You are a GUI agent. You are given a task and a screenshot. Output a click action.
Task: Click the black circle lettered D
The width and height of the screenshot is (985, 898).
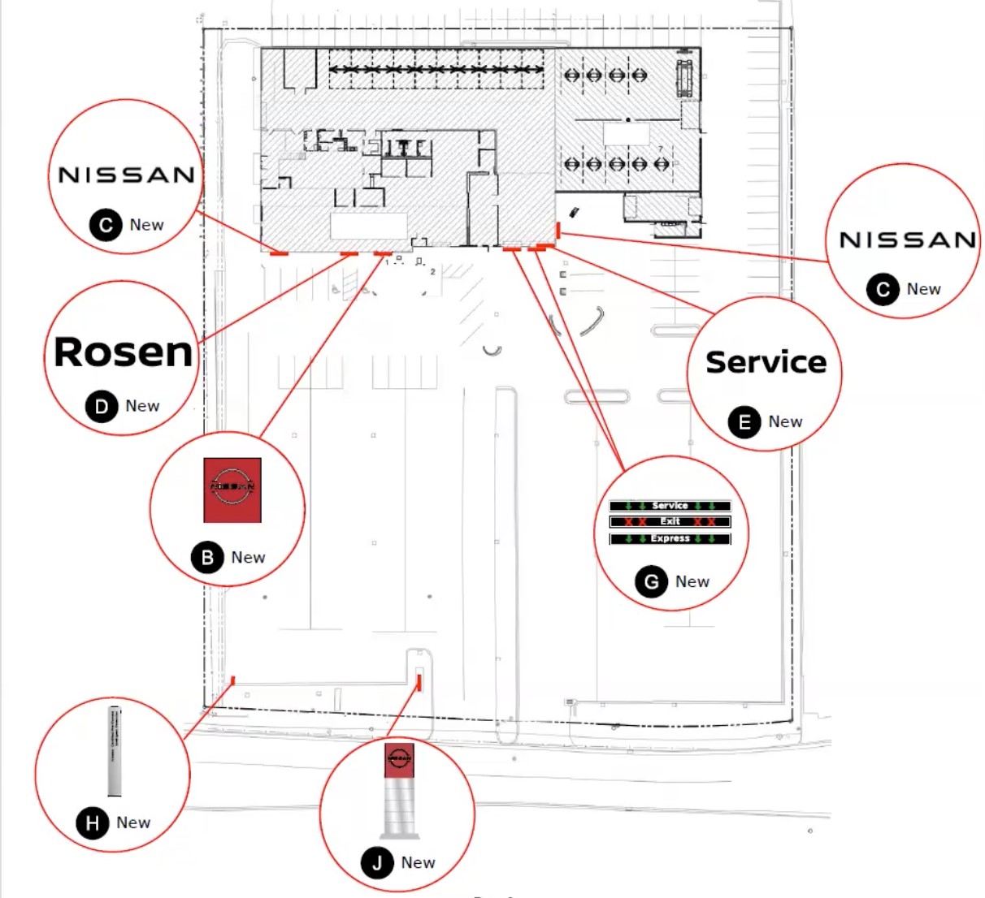[x=102, y=406]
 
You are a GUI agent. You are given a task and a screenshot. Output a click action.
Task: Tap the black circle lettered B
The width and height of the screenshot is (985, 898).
[x=207, y=558]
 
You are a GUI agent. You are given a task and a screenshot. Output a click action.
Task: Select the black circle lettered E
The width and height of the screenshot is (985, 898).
[x=744, y=422]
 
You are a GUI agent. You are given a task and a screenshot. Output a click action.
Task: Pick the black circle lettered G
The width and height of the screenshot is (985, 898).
[x=651, y=582]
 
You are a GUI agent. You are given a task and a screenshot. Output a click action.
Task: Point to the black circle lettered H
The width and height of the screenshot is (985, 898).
[x=93, y=823]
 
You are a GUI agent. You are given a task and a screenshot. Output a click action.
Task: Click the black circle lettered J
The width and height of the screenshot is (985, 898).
[x=377, y=863]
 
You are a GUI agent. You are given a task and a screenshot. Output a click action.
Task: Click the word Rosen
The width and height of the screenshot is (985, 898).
[x=124, y=352]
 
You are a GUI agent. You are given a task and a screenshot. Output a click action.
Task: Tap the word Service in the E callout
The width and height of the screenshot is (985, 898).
[x=766, y=362]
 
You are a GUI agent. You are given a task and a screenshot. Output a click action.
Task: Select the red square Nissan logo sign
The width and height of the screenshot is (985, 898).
[x=232, y=490]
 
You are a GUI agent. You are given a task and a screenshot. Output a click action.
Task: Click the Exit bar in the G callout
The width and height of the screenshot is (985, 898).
[x=670, y=521]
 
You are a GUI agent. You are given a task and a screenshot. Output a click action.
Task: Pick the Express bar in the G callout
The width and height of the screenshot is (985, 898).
[x=670, y=538]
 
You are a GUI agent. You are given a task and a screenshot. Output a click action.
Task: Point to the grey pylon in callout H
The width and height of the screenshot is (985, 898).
[x=115, y=750]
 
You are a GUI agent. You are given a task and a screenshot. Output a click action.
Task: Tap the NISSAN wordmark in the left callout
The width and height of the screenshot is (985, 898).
[x=126, y=175]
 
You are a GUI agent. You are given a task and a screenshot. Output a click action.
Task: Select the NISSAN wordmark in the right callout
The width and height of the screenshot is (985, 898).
[x=907, y=240]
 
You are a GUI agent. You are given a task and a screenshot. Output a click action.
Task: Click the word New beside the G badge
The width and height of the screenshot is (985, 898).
[x=692, y=582]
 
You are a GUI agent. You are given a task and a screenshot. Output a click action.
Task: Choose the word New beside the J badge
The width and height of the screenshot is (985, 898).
[x=419, y=863]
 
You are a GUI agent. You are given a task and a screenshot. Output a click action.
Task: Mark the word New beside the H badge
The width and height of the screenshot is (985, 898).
[x=133, y=823]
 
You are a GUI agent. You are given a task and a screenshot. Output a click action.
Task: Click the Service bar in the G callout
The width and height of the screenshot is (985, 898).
[x=670, y=506]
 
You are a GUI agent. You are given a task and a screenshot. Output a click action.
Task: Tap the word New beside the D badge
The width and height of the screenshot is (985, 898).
[x=142, y=406]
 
